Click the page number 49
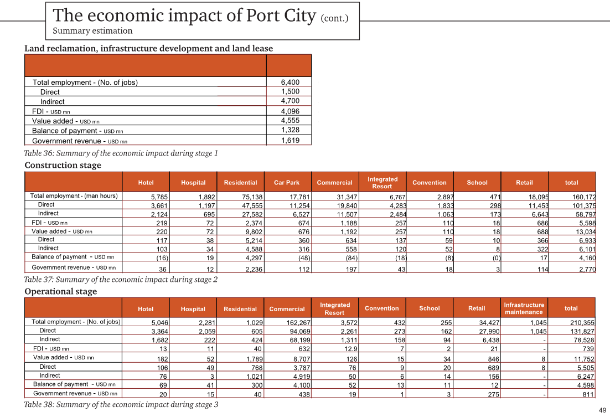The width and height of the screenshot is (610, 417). (x=602, y=410)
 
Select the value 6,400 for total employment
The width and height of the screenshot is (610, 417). (x=290, y=82)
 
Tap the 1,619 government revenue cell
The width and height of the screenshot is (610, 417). (x=290, y=141)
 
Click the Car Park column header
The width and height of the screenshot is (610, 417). (x=287, y=183)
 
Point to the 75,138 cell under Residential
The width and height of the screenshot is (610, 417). (x=252, y=197)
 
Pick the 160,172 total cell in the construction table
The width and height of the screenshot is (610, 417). (x=584, y=197)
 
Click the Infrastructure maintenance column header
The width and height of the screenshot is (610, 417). (x=524, y=308)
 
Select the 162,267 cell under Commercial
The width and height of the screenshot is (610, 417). (x=298, y=323)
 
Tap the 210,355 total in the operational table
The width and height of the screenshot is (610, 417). (x=582, y=323)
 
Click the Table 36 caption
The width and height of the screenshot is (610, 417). (x=121, y=153)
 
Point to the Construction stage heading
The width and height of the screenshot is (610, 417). (x=63, y=165)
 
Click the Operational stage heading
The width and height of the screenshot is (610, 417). (x=61, y=291)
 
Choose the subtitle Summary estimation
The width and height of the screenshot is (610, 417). (x=92, y=31)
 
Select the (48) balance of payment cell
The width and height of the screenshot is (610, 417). (x=304, y=258)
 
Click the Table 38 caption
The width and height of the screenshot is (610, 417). (x=121, y=405)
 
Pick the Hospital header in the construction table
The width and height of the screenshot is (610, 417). (x=193, y=183)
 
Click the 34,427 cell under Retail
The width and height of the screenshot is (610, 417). (x=489, y=323)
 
